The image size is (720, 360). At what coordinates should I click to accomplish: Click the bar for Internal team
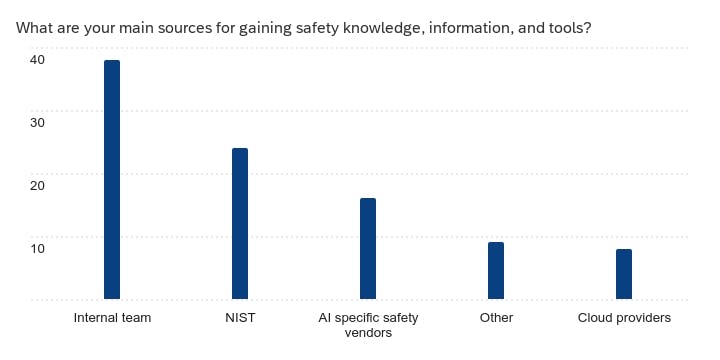(x=112, y=180)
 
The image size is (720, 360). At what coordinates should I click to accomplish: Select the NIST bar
(x=240, y=224)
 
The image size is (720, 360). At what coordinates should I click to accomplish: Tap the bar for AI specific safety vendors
(x=368, y=249)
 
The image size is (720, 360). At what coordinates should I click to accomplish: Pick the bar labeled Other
(x=496, y=271)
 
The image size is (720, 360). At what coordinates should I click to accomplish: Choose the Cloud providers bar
(x=624, y=274)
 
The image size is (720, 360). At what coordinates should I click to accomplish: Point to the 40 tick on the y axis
(x=37, y=60)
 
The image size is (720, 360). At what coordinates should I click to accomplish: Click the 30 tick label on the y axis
(x=37, y=122)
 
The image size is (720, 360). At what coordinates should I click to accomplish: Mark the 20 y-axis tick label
(x=37, y=185)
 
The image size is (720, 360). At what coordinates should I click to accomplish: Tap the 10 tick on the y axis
(x=37, y=248)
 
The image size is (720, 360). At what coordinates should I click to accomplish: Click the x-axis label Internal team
(x=112, y=318)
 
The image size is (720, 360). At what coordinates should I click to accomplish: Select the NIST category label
(x=240, y=318)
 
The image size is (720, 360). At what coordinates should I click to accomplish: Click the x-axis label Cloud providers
(x=624, y=318)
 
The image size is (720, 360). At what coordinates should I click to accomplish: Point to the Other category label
(x=496, y=318)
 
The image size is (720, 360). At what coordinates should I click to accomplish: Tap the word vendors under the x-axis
(x=368, y=333)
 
